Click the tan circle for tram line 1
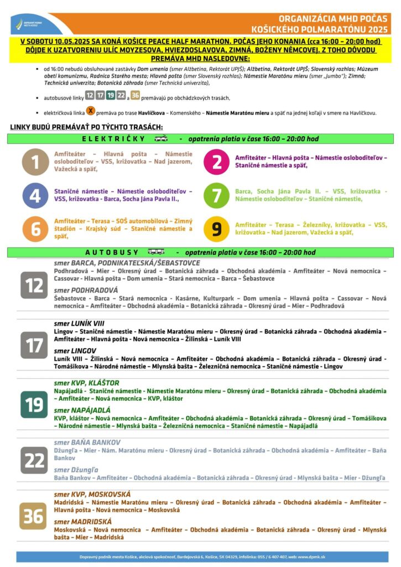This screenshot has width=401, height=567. point(35,162)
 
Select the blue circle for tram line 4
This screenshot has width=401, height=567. point(35,195)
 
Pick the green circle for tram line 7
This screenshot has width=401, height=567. point(217,195)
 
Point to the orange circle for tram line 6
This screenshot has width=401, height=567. point(35,229)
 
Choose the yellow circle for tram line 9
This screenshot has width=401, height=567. point(217,229)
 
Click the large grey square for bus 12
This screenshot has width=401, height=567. point(34,286)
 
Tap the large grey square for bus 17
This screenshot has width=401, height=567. point(34,345)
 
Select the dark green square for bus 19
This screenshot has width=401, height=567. point(34,404)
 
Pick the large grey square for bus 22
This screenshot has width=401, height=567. point(34,460)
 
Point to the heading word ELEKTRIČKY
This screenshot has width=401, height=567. point(113,139)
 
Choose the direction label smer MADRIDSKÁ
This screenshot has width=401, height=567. point(82,522)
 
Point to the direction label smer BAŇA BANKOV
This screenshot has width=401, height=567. point(87,443)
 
